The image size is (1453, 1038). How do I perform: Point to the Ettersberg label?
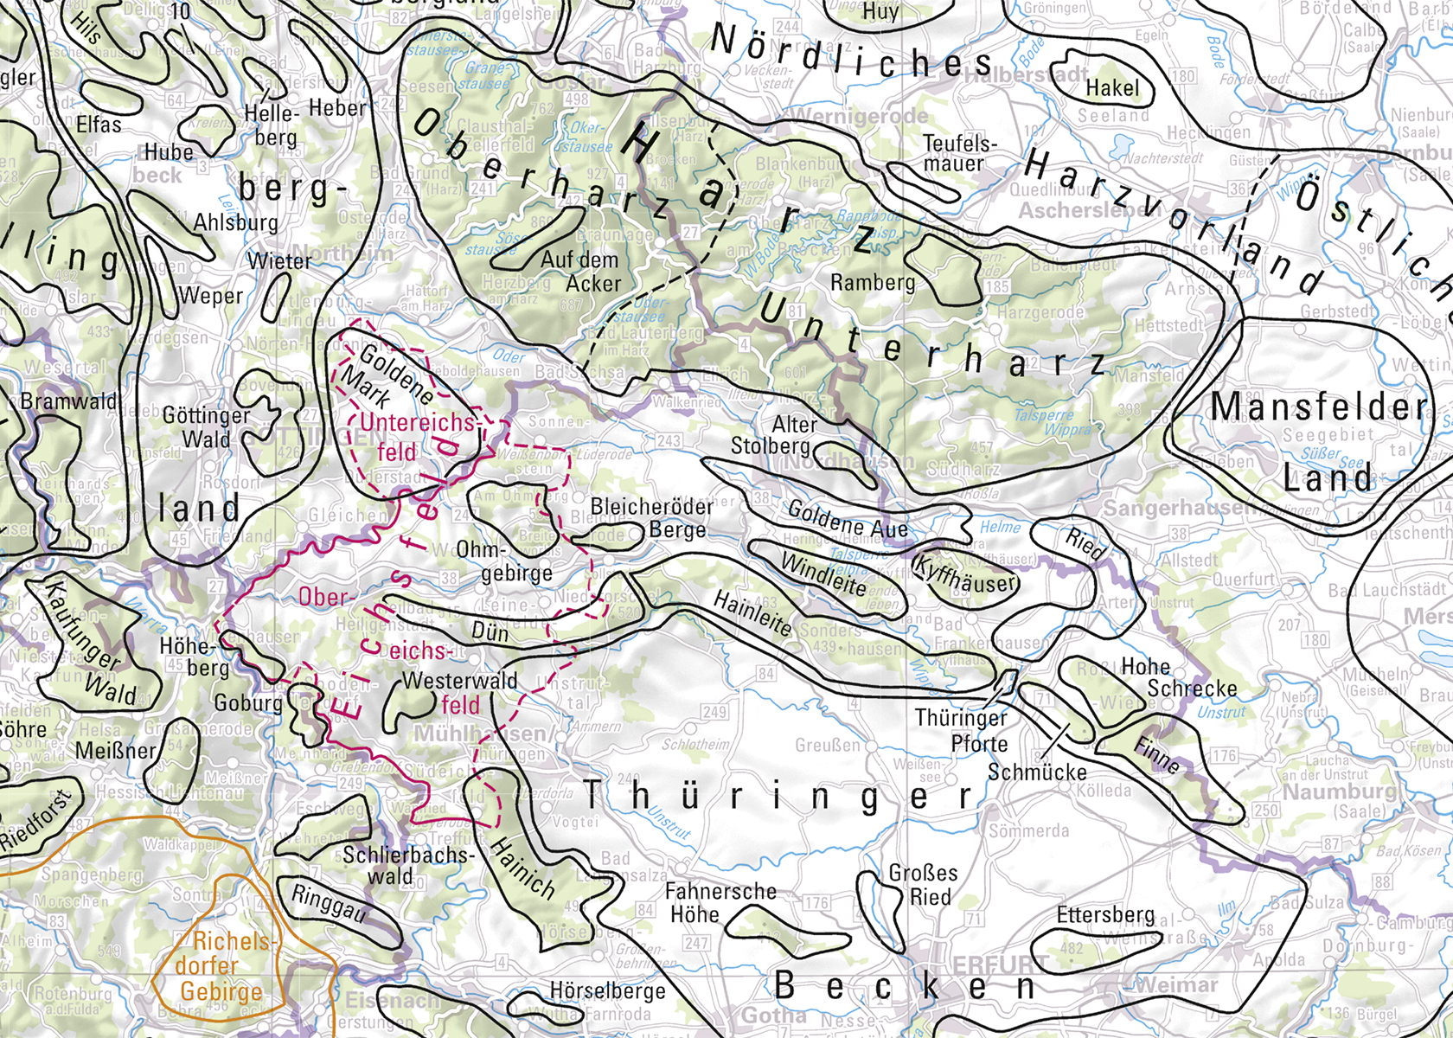1105,915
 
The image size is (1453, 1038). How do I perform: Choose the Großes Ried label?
924,885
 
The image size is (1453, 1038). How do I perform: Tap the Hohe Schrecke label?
1177,677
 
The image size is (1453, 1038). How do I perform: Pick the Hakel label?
1112,88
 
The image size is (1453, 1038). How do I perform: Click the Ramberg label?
872,283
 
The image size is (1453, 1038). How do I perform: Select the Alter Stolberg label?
771,435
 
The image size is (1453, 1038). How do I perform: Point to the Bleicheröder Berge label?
652,517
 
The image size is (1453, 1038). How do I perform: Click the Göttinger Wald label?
206,427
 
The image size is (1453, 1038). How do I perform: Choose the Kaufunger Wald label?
92,640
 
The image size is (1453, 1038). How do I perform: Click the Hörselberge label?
608,990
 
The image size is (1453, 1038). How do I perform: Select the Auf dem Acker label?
580,272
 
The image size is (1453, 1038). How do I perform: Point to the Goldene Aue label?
847,519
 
